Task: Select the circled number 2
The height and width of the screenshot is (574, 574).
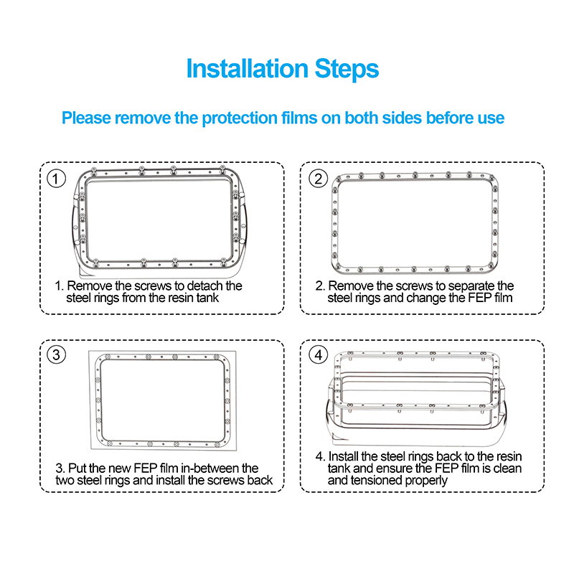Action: tap(317, 178)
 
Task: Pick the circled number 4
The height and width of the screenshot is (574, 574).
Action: tap(317, 355)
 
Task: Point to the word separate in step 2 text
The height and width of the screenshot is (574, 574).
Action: tap(466, 286)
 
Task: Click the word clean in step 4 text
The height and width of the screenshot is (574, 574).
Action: tap(507, 468)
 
